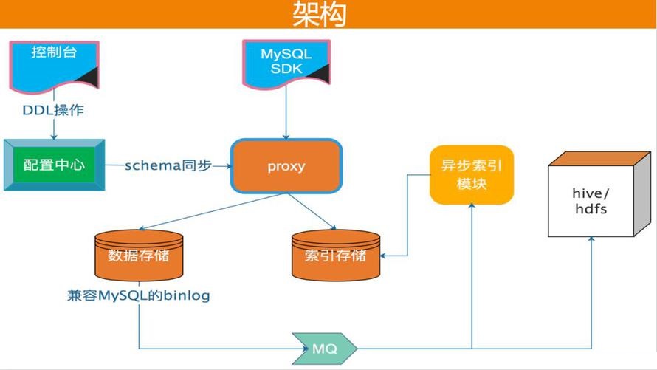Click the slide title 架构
pos(320,14)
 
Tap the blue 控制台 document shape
pos(54,66)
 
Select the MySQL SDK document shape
pos(286,64)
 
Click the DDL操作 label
pos(53,110)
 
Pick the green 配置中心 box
pos(54,165)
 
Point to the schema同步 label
pos(168,165)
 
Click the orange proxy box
pos(286,166)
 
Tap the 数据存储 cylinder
pos(139,256)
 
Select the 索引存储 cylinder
pos(336,256)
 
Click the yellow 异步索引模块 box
pos(472,175)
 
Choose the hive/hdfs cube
pos(599,194)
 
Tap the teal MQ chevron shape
pos(324,348)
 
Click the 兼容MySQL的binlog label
pos(139,295)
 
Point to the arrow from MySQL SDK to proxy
pos(286,114)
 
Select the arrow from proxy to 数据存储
pos(212,212)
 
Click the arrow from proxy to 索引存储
pos(312,212)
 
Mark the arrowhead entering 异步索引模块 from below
pos(472,206)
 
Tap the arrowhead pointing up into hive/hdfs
pos(591,239)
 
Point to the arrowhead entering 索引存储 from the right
pos(383,256)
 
